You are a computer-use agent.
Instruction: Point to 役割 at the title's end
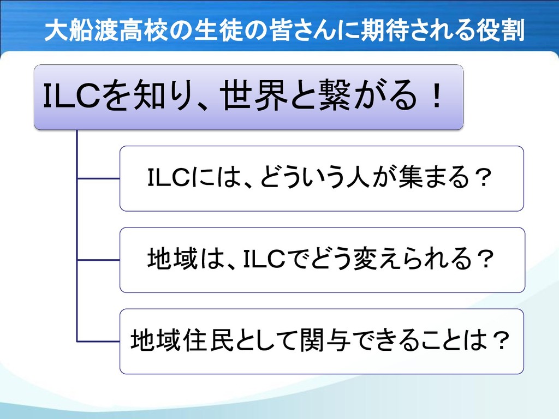point(501,31)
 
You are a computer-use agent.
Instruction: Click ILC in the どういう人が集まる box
point(169,178)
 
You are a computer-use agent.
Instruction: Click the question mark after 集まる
point(480,178)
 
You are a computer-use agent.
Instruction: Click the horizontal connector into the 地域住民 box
point(98,341)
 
